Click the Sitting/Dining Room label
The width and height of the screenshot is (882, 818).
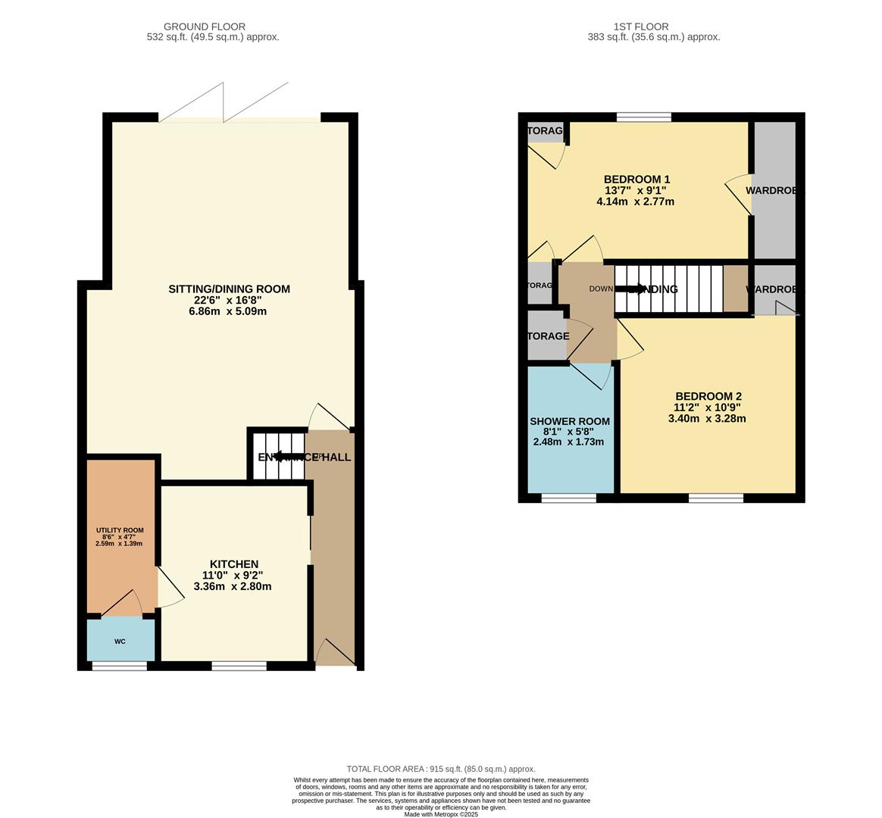click(x=229, y=289)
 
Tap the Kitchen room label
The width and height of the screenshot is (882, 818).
click(x=233, y=564)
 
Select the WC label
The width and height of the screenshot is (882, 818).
click(x=120, y=642)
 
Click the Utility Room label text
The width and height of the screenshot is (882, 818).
click(x=119, y=530)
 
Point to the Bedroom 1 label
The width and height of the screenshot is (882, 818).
click(x=636, y=180)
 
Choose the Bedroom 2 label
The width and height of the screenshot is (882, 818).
click(x=708, y=396)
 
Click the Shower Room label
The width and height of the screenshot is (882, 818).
click(x=569, y=421)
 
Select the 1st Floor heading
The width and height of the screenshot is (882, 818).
click(x=653, y=27)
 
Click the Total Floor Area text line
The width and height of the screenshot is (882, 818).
click(x=440, y=769)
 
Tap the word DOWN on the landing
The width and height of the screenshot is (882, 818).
click(x=601, y=289)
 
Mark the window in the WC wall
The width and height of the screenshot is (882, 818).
click(x=119, y=666)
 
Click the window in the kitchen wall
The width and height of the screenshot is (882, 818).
click(x=239, y=666)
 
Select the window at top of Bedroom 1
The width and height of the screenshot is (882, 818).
click(x=643, y=117)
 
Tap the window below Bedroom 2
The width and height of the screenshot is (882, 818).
click(x=715, y=498)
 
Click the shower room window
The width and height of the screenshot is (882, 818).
click(x=568, y=498)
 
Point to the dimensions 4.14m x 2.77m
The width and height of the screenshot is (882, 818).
click(x=635, y=201)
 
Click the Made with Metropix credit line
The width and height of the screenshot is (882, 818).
click(x=440, y=814)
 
